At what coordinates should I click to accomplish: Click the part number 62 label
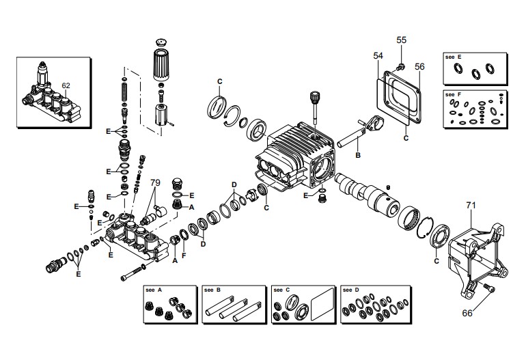click(66, 86)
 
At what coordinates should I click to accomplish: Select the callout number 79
click(155, 183)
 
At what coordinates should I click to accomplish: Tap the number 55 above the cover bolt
click(401, 40)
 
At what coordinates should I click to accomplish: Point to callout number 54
click(378, 55)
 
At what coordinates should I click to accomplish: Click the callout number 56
click(419, 66)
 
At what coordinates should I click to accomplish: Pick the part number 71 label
click(470, 205)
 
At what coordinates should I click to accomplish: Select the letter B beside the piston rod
click(356, 156)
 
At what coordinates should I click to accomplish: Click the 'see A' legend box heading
click(153, 290)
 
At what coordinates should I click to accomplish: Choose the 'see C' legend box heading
click(280, 290)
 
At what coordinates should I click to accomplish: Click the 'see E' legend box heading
click(454, 59)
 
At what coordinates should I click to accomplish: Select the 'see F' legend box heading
click(454, 94)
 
